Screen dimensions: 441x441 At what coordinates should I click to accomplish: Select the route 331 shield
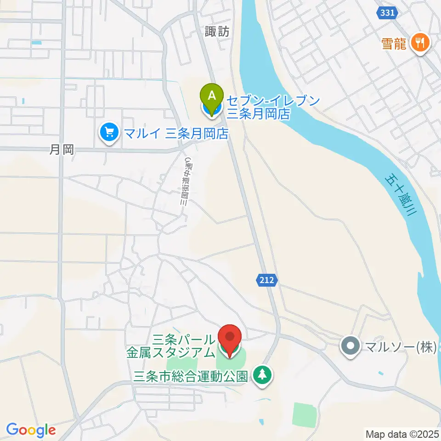click(x=388, y=13)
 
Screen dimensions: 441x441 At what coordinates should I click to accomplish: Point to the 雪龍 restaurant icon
click(x=420, y=43)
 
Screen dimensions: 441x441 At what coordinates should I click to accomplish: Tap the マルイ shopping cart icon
click(x=109, y=133)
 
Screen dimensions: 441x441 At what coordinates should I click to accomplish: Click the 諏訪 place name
click(x=217, y=32)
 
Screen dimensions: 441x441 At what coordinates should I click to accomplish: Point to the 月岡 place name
click(x=62, y=150)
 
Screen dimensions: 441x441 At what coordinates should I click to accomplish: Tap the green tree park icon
click(x=263, y=375)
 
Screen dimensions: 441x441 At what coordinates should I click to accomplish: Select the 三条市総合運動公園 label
click(x=191, y=376)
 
